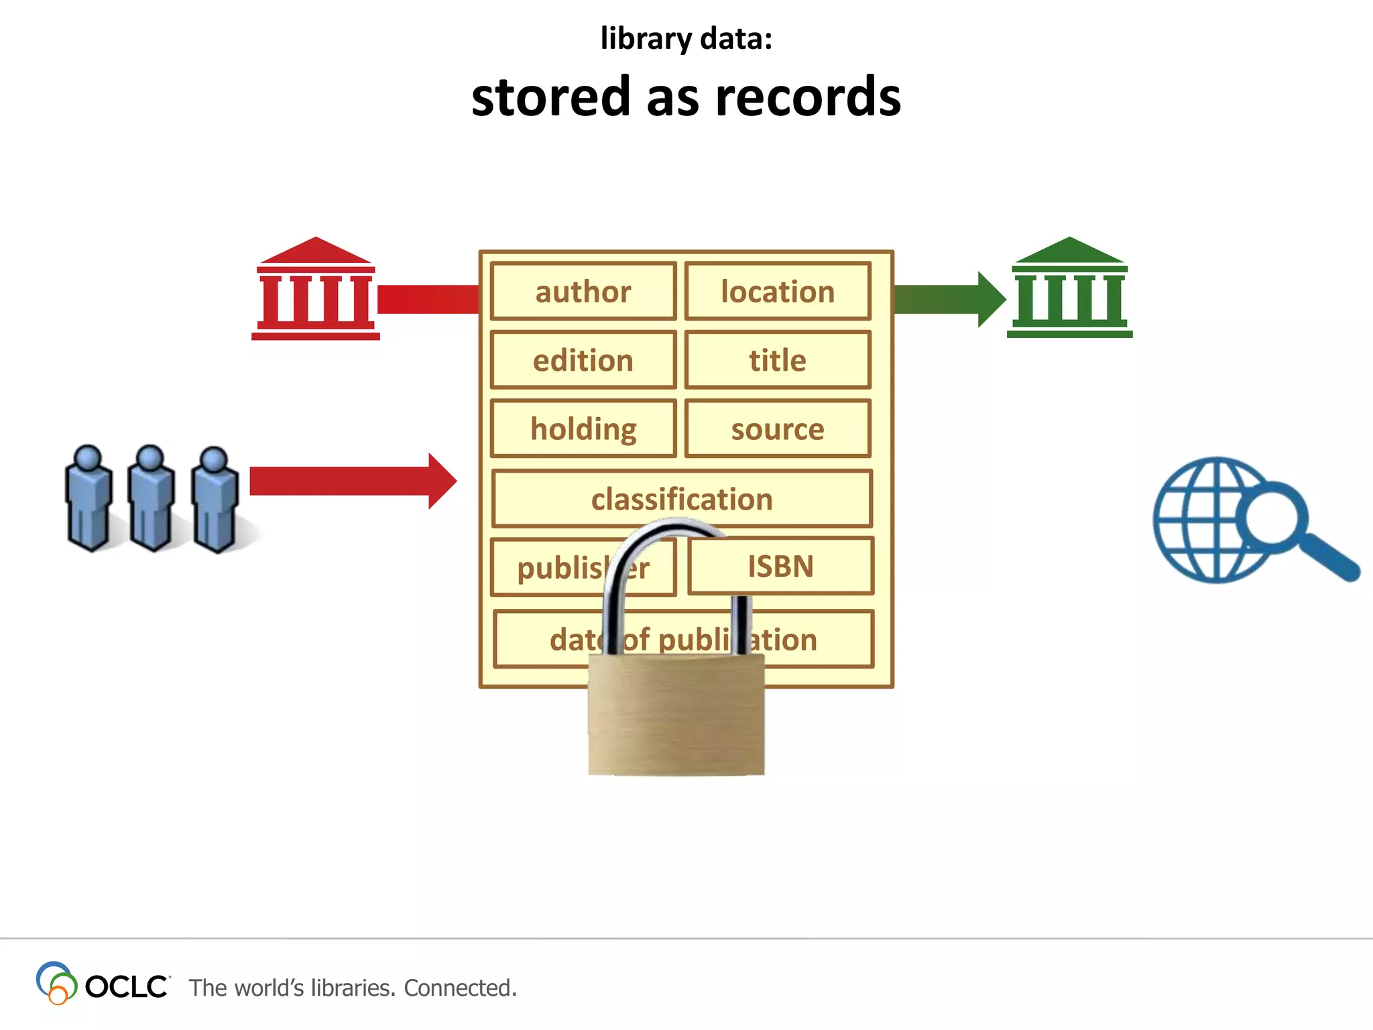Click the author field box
pyautogui.click(x=583, y=292)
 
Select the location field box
pyautogui.click(x=778, y=292)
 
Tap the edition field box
pyautogui.click(x=583, y=361)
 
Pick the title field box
pyautogui.click(x=778, y=361)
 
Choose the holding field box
pyautogui.click(x=583, y=429)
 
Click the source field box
pyautogui.click(x=778, y=429)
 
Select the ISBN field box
pyautogui.click(x=780, y=567)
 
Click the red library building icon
pyautogui.click(x=315, y=290)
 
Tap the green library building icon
pyautogui.click(x=1069, y=288)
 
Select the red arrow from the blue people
pyautogui.click(x=349, y=481)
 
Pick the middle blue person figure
pyautogui.click(x=151, y=500)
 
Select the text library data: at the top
pyautogui.click(x=686, y=39)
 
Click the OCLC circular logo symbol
pyautogui.click(x=56, y=982)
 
